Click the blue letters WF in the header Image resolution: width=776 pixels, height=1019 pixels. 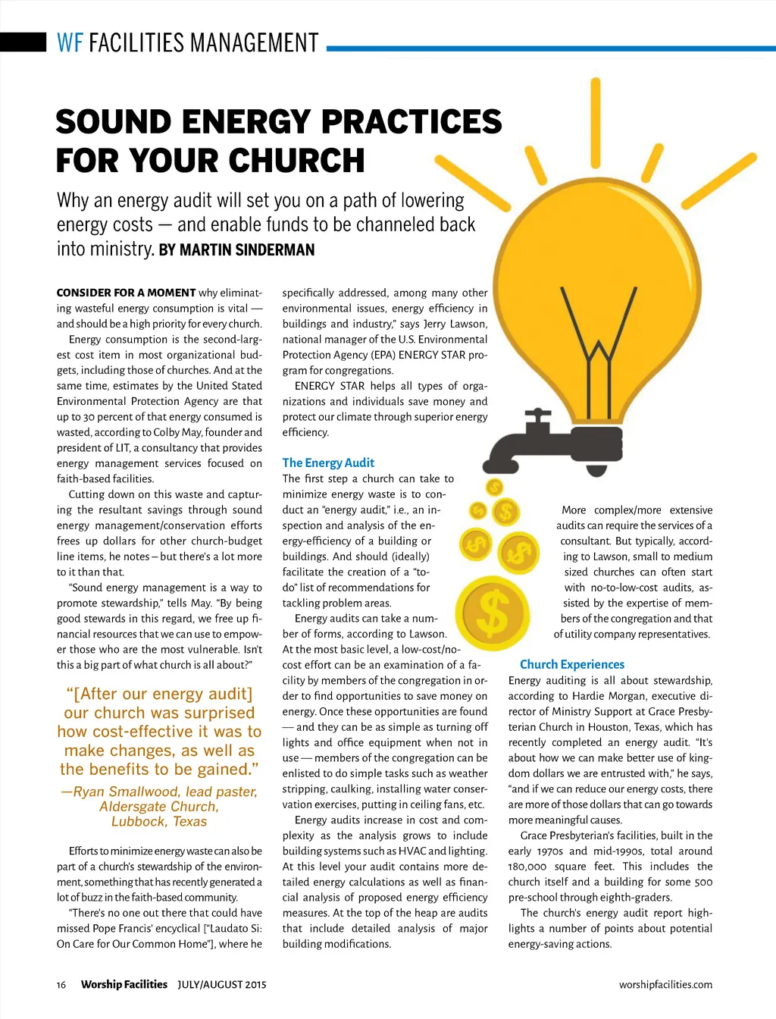pyautogui.click(x=70, y=42)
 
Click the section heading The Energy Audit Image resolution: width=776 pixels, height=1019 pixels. pyautogui.click(x=328, y=462)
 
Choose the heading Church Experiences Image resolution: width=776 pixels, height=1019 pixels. pyautogui.click(x=572, y=664)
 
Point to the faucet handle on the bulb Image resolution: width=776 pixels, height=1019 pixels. pyautogui.click(x=539, y=415)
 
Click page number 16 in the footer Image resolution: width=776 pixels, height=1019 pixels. pyautogui.click(x=61, y=985)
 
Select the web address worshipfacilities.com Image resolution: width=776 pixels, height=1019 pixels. pyautogui.click(x=665, y=985)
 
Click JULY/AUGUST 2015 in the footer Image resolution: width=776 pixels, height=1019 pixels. pyautogui.click(x=222, y=985)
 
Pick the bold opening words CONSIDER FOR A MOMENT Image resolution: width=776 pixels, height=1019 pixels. pyautogui.click(x=126, y=293)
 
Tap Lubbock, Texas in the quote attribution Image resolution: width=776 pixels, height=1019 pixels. pyautogui.click(x=159, y=821)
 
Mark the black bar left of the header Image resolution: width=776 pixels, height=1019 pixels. pyautogui.click(x=23, y=42)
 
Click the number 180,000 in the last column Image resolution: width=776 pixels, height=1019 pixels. pyautogui.click(x=527, y=867)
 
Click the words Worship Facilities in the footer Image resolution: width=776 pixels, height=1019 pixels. pyautogui.click(x=124, y=985)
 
